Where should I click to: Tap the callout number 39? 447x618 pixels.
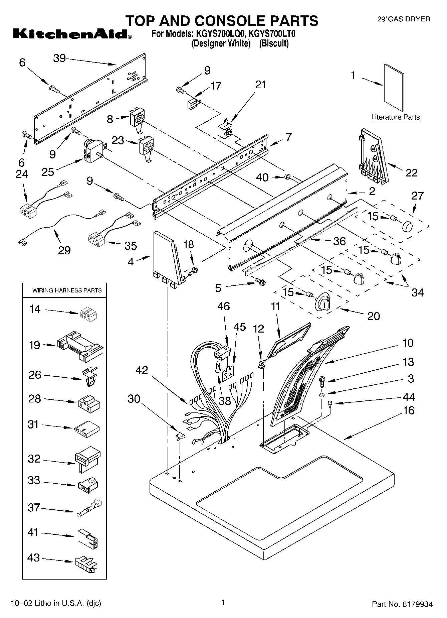point(60,58)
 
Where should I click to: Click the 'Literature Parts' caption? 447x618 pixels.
point(395,117)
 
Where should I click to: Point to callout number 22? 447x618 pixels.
point(412,172)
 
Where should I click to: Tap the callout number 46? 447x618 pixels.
point(224,306)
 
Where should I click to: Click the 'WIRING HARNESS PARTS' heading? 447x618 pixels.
point(67,290)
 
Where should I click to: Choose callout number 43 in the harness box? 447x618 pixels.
point(34,558)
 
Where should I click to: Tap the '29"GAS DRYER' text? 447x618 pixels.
point(403,19)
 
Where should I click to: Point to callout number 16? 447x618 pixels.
point(409,410)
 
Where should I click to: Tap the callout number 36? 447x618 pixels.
point(339,241)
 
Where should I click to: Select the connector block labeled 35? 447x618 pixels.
point(97,239)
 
